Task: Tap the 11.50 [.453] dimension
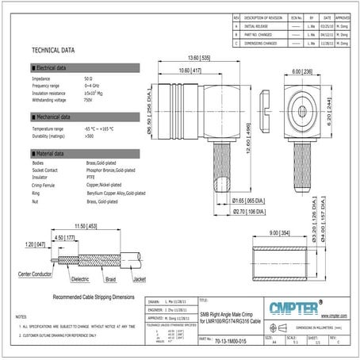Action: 84,227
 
